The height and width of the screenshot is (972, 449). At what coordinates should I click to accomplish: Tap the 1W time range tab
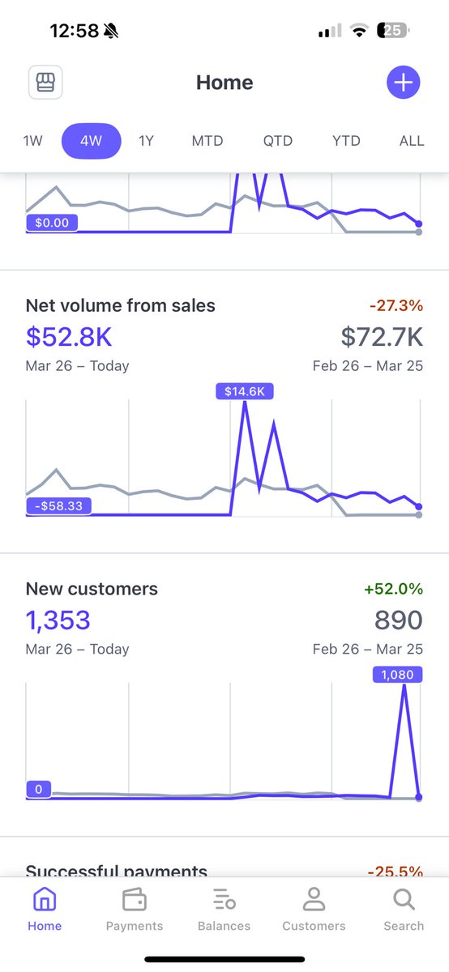click(x=32, y=141)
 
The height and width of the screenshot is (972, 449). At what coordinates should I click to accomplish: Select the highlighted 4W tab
click(x=91, y=141)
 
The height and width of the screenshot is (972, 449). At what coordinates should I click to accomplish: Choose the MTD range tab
click(x=207, y=141)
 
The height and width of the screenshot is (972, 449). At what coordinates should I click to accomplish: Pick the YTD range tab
click(x=346, y=141)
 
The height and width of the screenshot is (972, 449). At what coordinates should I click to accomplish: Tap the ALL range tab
click(x=412, y=141)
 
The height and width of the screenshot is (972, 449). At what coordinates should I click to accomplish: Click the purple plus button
click(x=404, y=83)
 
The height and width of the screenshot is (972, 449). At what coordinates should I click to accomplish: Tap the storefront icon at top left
click(x=45, y=83)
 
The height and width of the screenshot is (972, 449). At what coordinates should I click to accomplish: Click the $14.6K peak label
click(x=245, y=391)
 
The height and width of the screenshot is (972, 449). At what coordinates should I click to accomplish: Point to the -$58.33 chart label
click(x=58, y=506)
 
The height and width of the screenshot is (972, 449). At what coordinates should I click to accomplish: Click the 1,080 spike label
click(x=397, y=674)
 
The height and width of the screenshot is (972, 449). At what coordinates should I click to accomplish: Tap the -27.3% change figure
click(x=396, y=306)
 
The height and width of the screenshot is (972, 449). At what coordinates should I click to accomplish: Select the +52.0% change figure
click(x=395, y=589)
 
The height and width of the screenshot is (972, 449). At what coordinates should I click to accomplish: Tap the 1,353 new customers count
click(x=58, y=620)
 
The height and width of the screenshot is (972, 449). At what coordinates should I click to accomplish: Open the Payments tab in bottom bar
click(x=135, y=909)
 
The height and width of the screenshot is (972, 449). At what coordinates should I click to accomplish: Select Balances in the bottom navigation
click(x=224, y=909)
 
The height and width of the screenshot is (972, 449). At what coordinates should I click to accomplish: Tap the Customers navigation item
click(x=314, y=909)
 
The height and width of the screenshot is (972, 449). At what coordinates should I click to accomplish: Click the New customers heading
click(x=92, y=589)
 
